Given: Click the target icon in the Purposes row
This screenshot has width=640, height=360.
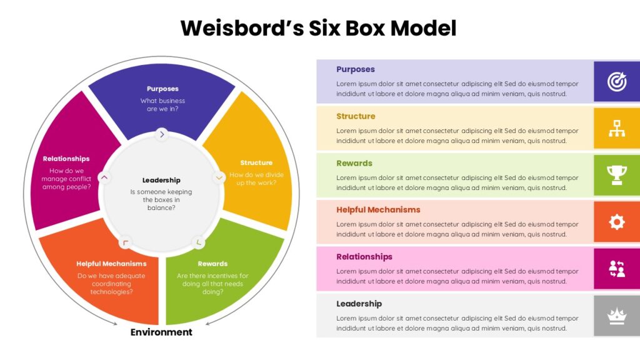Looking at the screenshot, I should [x=616, y=81].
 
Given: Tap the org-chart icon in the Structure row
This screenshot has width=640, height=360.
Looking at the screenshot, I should [x=616, y=129].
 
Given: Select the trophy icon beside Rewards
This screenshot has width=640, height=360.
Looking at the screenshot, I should [x=616, y=175].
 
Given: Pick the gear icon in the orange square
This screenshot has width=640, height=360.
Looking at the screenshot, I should [x=616, y=222].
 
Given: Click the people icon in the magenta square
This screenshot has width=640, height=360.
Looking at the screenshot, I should [x=616, y=269].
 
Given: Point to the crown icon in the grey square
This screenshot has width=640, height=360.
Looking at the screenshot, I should [x=616, y=316].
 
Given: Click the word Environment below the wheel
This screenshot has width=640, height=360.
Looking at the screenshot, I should [x=161, y=332].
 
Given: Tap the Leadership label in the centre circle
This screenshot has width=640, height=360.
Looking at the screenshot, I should [x=161, y=180].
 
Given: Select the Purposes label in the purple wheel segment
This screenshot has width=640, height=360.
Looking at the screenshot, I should [x=162, y=89].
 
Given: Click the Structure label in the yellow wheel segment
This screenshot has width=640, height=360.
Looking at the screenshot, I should [x=256, y=163].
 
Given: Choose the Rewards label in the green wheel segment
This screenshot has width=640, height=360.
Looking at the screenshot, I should [x=212, y=264].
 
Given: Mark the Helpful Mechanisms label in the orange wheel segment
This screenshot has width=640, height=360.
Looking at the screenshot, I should [x=111, y=264].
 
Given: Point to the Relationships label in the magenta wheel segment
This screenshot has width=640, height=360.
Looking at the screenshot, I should [x=66, y=159].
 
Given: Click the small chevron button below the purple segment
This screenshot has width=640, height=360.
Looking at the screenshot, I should [x=162, y=134].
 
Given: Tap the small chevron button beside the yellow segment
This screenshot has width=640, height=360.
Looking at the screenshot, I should [x=219, y=177].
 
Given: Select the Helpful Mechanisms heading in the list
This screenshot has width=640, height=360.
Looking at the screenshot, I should [x=378, y=210].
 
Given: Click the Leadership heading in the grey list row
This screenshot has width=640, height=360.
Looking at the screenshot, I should [x=359, y=304].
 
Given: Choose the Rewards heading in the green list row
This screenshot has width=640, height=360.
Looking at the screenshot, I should [x=354, y=163].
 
